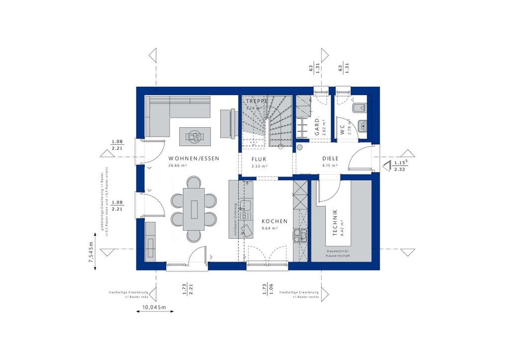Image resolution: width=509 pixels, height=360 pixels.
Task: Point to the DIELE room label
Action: (x=330, y=159)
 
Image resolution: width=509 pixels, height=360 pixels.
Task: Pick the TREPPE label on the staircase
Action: (x=256, y=101)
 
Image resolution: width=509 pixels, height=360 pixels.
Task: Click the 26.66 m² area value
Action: (x=177, y=166)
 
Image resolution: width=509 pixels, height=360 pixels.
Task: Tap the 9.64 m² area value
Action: (x=269, y=228)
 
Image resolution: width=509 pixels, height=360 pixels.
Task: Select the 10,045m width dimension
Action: (x=155, y=308)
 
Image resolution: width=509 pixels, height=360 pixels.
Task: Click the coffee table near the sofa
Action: (x=195, y=134)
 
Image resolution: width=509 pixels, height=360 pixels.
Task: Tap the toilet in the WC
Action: (x=359, y=107)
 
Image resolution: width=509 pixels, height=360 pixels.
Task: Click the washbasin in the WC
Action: (x=363, y=126)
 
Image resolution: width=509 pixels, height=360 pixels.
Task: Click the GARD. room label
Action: (x=317, y=126)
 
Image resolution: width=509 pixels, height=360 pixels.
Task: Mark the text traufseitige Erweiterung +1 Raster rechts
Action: (x=299, y=294)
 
